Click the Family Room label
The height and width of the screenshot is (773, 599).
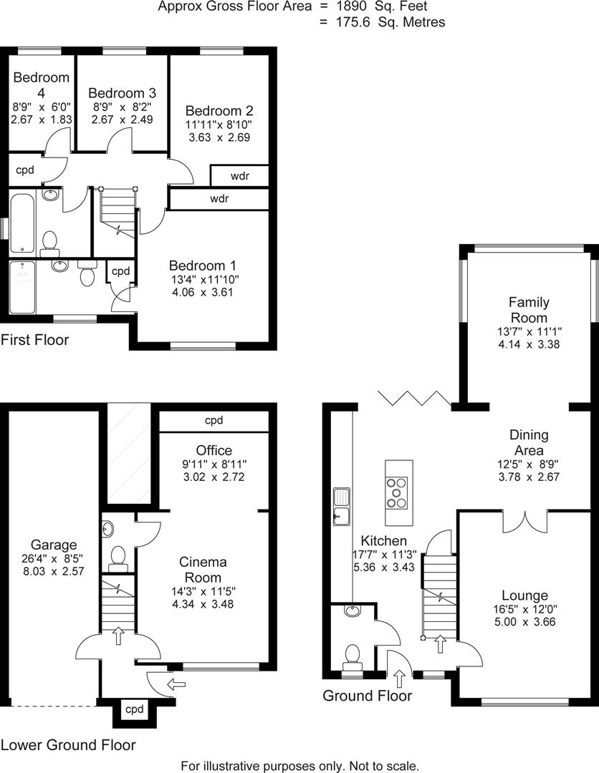(528, 310)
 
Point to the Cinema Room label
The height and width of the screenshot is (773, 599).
(203, 569)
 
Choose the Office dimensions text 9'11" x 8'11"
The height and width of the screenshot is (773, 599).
(214, 464)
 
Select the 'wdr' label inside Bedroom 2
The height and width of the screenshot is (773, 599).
(239, 176)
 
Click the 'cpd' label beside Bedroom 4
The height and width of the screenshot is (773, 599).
(25, 170)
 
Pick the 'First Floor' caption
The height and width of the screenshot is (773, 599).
(35, 339)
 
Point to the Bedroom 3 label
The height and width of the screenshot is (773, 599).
(122, 93)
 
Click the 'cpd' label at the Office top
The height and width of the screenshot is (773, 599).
(214, 421)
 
